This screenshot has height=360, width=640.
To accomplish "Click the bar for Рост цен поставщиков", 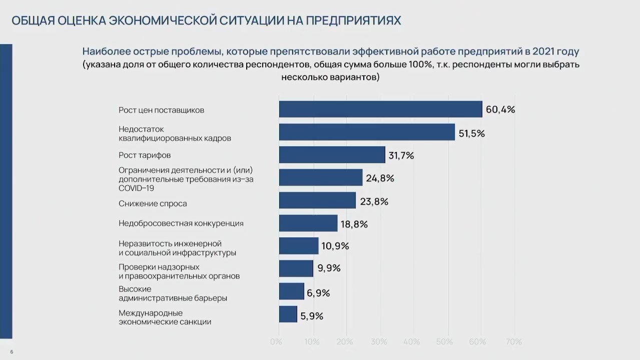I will [x=380, y=109].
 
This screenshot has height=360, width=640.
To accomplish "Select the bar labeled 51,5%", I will [x=367, y=132].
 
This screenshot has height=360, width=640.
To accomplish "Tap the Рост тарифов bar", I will [x=332, y=155].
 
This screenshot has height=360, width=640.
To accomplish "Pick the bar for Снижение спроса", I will [x=317, y=200].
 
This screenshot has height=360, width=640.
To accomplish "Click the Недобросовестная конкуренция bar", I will [x=308, y=223].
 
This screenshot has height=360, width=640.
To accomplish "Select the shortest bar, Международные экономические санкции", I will [x=288, y=314].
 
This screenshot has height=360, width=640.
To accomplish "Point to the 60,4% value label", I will [x=500, y=110].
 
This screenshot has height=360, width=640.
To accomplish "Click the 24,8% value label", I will [x=380, y=178].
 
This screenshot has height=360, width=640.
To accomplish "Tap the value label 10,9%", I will [x=335, y=246].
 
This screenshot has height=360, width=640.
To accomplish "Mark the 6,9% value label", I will [x=318, y=293].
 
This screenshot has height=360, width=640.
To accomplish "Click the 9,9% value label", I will [x=329, y=268].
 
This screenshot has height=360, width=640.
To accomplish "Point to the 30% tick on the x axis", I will [x=379, y=342].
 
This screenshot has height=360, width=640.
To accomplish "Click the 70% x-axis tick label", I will [x=513, y=342].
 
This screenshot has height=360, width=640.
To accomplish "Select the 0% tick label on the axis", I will [x=276, y=342].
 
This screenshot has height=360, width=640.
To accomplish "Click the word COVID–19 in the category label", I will [x=136, y=188].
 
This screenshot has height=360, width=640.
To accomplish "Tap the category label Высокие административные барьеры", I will [x=173, y=293].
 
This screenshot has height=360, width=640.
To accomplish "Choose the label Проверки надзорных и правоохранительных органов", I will [x=179, y=271].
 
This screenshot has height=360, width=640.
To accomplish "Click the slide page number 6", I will [x=12, y=352].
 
